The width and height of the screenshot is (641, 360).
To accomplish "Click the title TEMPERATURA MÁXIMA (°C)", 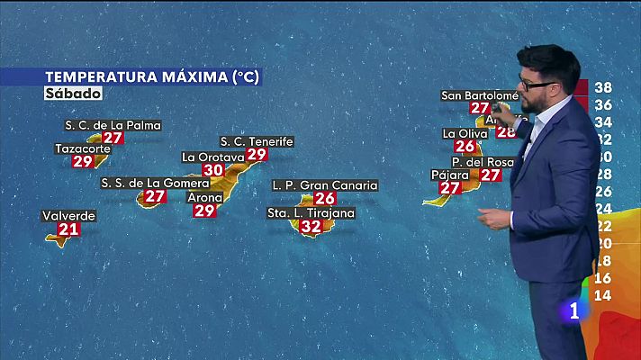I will click(151, 76).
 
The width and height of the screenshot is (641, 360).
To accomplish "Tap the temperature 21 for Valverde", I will click(68, 229).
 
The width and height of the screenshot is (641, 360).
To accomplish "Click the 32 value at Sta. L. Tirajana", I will click(311, 227).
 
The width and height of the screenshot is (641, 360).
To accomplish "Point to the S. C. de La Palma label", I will click(113, 125).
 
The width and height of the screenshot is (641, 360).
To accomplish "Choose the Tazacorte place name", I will click(83, 148).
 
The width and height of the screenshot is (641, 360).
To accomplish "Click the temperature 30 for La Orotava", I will click(213, 169).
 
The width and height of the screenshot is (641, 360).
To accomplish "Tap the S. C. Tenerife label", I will click(257, 141).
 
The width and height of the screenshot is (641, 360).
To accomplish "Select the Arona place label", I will click(205, 197).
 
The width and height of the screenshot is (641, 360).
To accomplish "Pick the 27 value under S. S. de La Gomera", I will click(155, 195).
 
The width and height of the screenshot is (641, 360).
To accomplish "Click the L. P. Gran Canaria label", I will click(325, 185).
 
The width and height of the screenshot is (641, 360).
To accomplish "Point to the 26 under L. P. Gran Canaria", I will click(326, 198).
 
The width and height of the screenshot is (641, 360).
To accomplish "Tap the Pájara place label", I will click(451, 175).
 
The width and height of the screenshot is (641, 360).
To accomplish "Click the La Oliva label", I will click(465, 133).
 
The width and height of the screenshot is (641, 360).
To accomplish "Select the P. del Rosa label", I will click(483, 162).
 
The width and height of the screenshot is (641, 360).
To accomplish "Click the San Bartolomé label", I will click(480, 95).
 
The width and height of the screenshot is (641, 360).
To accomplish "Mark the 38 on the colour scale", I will click(604, 88).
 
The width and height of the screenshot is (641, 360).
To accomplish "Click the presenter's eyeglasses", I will click(537, 85).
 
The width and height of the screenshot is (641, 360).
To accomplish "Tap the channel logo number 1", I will click(573, 311).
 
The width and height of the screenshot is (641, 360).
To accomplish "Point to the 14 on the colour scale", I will click(604, 295).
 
